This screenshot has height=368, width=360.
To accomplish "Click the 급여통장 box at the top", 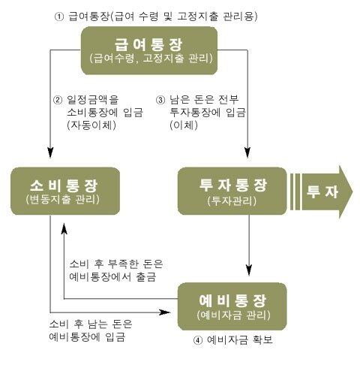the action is [149, 50].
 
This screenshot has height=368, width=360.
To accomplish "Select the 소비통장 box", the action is [65, 191].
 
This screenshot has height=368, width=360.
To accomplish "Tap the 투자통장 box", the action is [232, 191].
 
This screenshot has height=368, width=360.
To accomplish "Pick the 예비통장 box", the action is [232, 306].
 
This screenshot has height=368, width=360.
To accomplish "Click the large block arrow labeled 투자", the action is [322, 192].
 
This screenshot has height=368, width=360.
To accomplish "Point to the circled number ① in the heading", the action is [59, 17].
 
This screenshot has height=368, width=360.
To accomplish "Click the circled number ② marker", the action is [58, 100].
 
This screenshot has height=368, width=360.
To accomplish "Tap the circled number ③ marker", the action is [160, 100].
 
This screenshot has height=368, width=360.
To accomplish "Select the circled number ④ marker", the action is [198, 340].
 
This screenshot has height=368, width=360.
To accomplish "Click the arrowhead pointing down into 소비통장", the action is [50, 152].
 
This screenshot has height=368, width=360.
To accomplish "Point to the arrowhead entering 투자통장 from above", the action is [247, 152].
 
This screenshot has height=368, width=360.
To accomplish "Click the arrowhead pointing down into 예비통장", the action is [248, 270].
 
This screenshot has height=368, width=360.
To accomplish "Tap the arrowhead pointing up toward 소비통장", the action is [64, 228].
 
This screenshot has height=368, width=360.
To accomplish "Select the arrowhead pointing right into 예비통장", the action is [165, 312].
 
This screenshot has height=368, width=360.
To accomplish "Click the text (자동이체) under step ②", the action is [91, 125].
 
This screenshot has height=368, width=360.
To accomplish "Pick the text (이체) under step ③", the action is [184, 125].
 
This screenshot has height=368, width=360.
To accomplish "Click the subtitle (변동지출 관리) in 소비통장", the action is [63, 200].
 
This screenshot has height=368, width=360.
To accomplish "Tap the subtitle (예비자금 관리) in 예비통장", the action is [234, 315].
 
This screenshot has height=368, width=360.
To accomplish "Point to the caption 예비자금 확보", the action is [240, 340].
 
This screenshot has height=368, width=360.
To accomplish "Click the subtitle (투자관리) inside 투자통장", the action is [232, 201].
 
